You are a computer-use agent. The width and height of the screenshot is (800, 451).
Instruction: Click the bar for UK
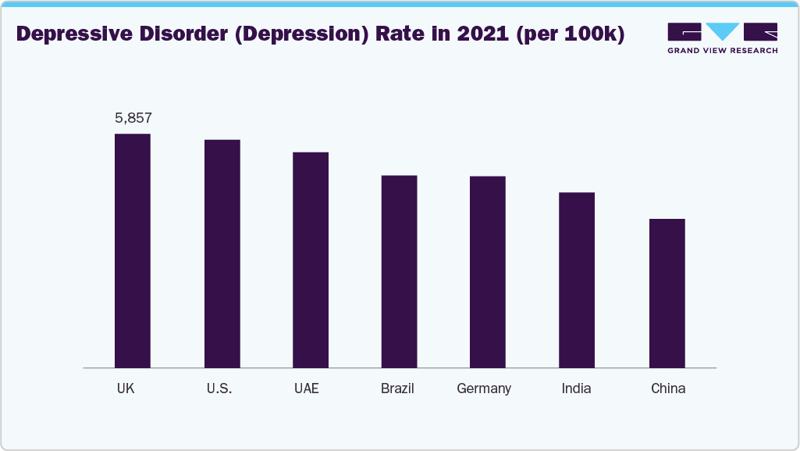tap(133, 250)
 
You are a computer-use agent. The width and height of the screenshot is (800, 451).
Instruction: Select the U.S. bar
tap(222, 253)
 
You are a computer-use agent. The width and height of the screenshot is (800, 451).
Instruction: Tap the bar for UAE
tap(311, 260)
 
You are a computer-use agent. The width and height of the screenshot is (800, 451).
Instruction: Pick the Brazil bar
tap(399, 271)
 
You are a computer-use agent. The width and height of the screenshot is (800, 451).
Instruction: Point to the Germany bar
tap(488, 272)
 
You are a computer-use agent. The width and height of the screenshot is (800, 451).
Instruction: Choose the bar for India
tap(577, 280)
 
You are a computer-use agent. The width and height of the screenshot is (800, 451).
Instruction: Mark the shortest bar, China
tap(667, 293)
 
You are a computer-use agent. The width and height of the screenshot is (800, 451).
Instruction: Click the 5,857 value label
tap(133, 119)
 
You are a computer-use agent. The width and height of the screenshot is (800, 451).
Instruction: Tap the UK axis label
tap(126, 388)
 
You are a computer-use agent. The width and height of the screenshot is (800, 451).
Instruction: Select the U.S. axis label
tap(221, 388)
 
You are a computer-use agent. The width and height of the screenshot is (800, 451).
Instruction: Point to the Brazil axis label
tap(397, 388)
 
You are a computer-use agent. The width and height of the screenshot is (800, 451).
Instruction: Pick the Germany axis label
tap(484, 388)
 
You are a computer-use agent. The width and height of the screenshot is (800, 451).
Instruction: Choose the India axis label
tap(576, 388)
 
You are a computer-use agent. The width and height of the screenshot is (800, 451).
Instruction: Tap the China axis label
tap(668, 388)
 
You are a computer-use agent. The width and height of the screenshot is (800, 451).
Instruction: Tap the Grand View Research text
tap(722, 51)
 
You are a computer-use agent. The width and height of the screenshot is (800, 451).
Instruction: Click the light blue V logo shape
tap(723, 31)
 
